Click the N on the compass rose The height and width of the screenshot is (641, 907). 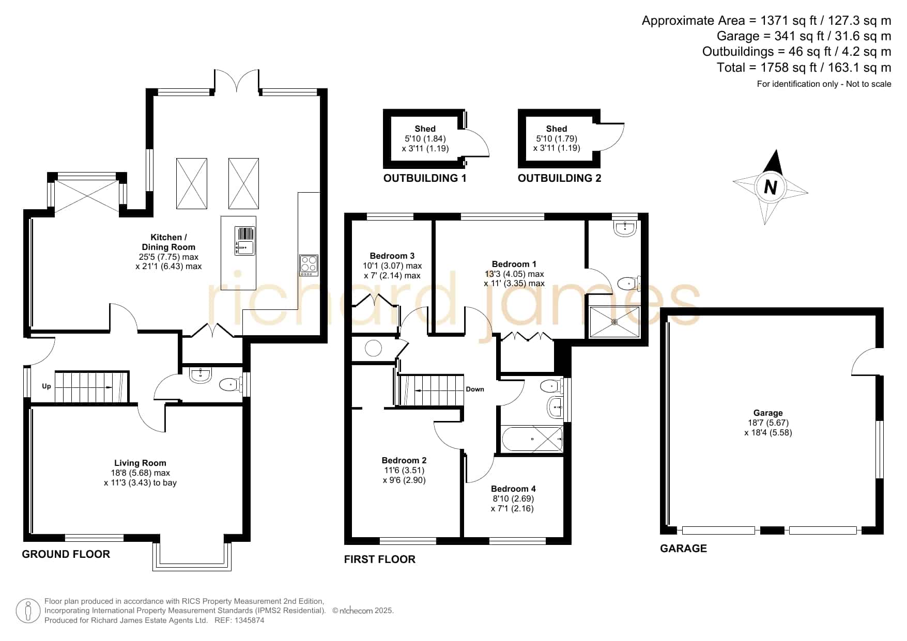point(770,186)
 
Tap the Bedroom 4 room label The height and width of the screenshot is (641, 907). point(513,489)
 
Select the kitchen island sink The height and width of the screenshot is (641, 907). point(245,241)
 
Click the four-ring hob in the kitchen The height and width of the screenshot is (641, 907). point(309,264)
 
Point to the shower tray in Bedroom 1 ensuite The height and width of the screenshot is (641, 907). point(615,322)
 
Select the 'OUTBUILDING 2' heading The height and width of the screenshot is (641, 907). point(559,178)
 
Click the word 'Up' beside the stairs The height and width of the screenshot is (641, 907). point(47,386)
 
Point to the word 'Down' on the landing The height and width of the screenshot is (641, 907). point(475,389)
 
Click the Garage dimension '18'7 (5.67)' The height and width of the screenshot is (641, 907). point(768,423)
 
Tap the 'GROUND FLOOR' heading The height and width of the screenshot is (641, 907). point(66,554)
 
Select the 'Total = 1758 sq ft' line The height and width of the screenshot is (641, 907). point(804,67)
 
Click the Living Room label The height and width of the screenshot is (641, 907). point(140,463)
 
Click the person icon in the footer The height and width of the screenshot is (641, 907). point(28,611)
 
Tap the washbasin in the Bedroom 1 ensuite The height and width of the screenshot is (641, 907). point(625,228)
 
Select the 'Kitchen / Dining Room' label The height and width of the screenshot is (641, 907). point(168,242)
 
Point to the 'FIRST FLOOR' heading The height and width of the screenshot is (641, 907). point(380,559)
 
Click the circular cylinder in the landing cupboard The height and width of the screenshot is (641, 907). point(373,348)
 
